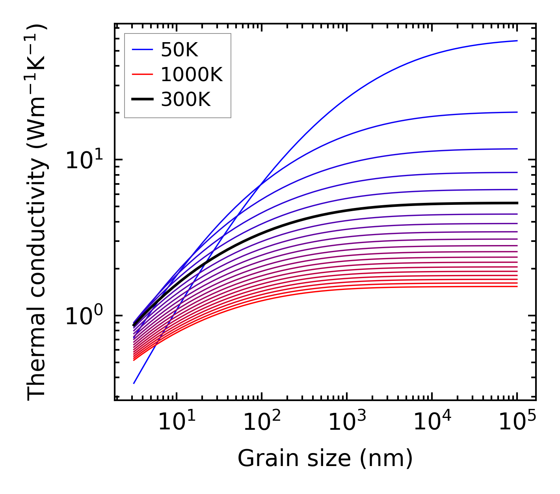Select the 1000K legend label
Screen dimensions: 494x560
coord(192,74)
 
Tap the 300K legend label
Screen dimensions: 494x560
coord(186,100)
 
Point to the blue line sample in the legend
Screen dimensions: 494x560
coord(142,50)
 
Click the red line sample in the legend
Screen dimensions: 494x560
coord(142,74)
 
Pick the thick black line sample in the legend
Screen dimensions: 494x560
coord(142,100)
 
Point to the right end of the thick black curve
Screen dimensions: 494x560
coord(517,203)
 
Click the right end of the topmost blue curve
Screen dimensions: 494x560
coord(517,41)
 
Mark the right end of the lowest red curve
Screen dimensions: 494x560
coord(517,286)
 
